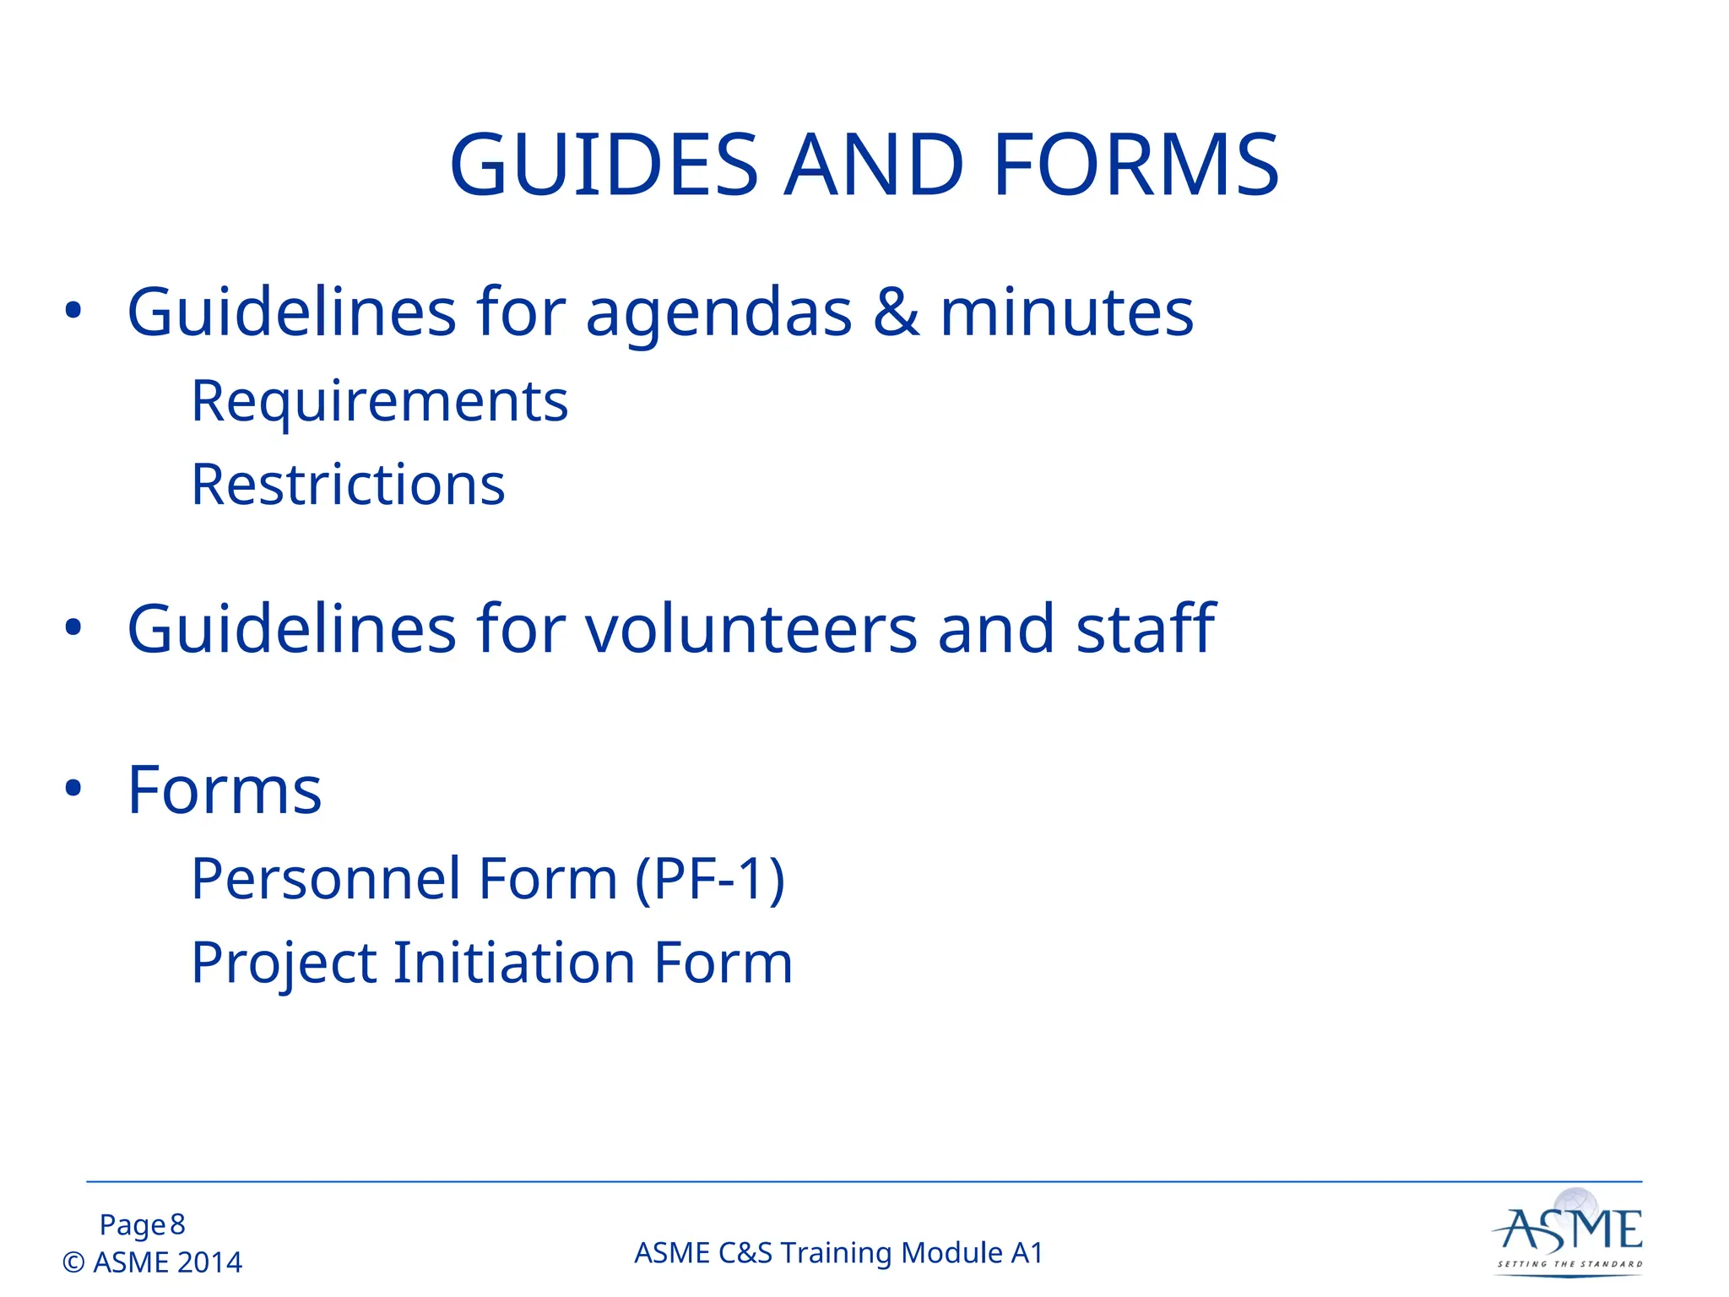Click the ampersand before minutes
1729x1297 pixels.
pyautogui.click(x=896, y=312)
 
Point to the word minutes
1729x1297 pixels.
pyautogui.click(x=1066, y=312)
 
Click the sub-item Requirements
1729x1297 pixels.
pyautogui.click(x=379, y=401)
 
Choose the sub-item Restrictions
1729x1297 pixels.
pyautogui.click(x=348, y=486)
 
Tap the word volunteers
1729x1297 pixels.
pyautogui.click(x=751, y=630)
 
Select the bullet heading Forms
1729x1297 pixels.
pyautogui.click(x=225, y=791)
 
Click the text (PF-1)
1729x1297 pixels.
pyautogui.click(x=709, y=880)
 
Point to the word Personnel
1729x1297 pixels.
pyautogui.click(x=325, y=879)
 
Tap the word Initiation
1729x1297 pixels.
pyautogui.click(x=514, y=963)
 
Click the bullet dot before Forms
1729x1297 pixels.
pyautogui.click(x=73, y=789)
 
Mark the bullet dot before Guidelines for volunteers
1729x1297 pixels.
pyautogui.click(x=73, y=627)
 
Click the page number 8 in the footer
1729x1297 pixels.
pyautogui.click(x=177, y=1224)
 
